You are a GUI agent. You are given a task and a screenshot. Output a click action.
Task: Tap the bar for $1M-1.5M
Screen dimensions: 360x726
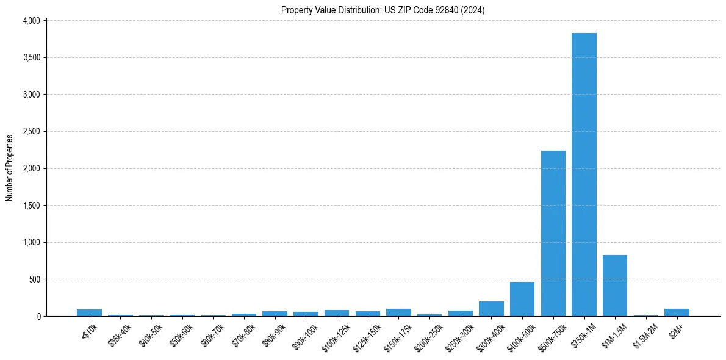tap(615, 286)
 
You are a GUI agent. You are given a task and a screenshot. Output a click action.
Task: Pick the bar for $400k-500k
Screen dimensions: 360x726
tap(522, 299)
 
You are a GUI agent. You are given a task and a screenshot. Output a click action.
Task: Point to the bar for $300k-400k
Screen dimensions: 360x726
tap(491, 309)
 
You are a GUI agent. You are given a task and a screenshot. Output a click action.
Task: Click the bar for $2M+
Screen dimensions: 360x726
tap(677, 312)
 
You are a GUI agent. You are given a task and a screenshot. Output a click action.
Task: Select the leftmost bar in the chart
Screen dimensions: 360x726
tap(89, 312)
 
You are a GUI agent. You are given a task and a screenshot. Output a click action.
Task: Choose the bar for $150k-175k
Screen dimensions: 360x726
tap(398, 312)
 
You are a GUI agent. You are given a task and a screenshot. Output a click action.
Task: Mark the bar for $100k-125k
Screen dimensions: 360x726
tap(337, 313)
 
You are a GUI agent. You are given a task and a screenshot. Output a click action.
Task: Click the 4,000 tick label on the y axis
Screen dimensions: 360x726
tap(31, 21)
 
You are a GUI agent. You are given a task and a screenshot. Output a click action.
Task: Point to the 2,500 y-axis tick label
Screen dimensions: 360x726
tap(31, 132)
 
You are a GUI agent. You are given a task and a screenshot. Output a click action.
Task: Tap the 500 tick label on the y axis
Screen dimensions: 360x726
tap(35, 279)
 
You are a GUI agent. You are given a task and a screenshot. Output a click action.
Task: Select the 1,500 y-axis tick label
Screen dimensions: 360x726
tap(31, 206)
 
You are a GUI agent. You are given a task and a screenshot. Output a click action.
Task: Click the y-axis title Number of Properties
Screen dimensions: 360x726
tap(10, 168)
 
